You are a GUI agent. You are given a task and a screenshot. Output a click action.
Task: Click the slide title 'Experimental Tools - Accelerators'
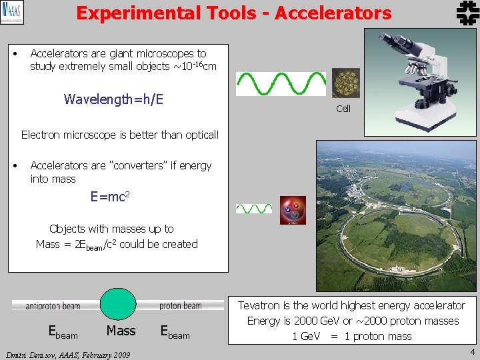(x=233, y=13)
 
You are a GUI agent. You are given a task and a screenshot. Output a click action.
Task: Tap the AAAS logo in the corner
(x=12, y=13)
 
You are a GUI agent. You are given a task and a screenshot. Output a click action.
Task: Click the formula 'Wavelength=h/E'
(x=113, y=99)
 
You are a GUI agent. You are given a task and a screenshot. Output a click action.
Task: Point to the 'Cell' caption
(x=343, y=109)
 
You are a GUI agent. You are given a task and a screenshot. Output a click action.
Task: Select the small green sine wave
(x=254, y=209)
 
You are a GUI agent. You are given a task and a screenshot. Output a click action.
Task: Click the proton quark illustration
(x=293, y=210)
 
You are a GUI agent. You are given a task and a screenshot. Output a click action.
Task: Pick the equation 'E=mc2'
(x=110, y=197)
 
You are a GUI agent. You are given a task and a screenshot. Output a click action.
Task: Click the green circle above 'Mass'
(x=117, y=305)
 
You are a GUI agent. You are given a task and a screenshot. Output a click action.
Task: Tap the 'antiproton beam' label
(x=53, y=306)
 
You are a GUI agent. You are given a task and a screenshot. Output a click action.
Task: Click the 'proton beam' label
(x=180, y=306)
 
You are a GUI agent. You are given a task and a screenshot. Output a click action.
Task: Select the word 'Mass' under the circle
(x=121, y=331)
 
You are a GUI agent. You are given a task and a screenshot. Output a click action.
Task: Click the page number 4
(x=472, y=352)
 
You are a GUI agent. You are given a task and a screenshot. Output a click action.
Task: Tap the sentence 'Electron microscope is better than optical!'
(x=120, y=135)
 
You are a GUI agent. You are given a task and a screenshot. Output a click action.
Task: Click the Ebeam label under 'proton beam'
(x=175, y=332)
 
